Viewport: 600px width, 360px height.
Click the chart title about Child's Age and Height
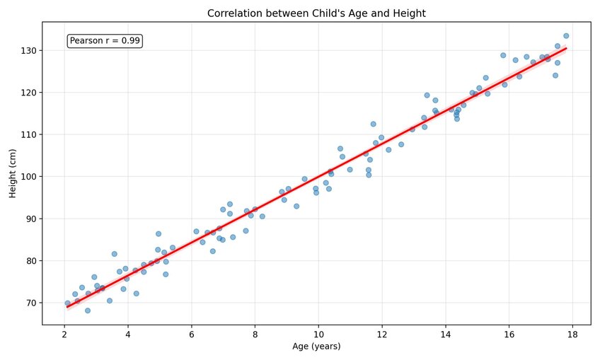point(316,13)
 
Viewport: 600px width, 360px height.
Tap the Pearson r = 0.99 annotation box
point(105,41)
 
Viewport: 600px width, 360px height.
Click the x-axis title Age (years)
point(316,347)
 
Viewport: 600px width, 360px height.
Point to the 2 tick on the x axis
point(64,335)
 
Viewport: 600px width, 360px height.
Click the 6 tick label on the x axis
point(191,335)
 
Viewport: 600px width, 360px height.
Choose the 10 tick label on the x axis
point(318,335)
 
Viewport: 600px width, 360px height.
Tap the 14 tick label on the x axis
point(445,335)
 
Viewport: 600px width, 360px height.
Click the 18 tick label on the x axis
point(572,335)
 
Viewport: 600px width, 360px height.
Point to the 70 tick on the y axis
point(29,303)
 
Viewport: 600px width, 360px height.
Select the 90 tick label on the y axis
point(29,219)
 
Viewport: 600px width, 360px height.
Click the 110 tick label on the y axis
point(27,134)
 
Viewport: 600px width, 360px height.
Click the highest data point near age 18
point(566,36)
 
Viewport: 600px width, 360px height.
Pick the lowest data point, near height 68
point(88,310)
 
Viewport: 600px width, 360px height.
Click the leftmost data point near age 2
point(68,303)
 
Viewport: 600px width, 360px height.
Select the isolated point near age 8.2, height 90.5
point(262,216)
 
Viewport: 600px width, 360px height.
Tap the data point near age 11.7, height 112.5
point(373,124)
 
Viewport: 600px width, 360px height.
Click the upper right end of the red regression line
point(566,49)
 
